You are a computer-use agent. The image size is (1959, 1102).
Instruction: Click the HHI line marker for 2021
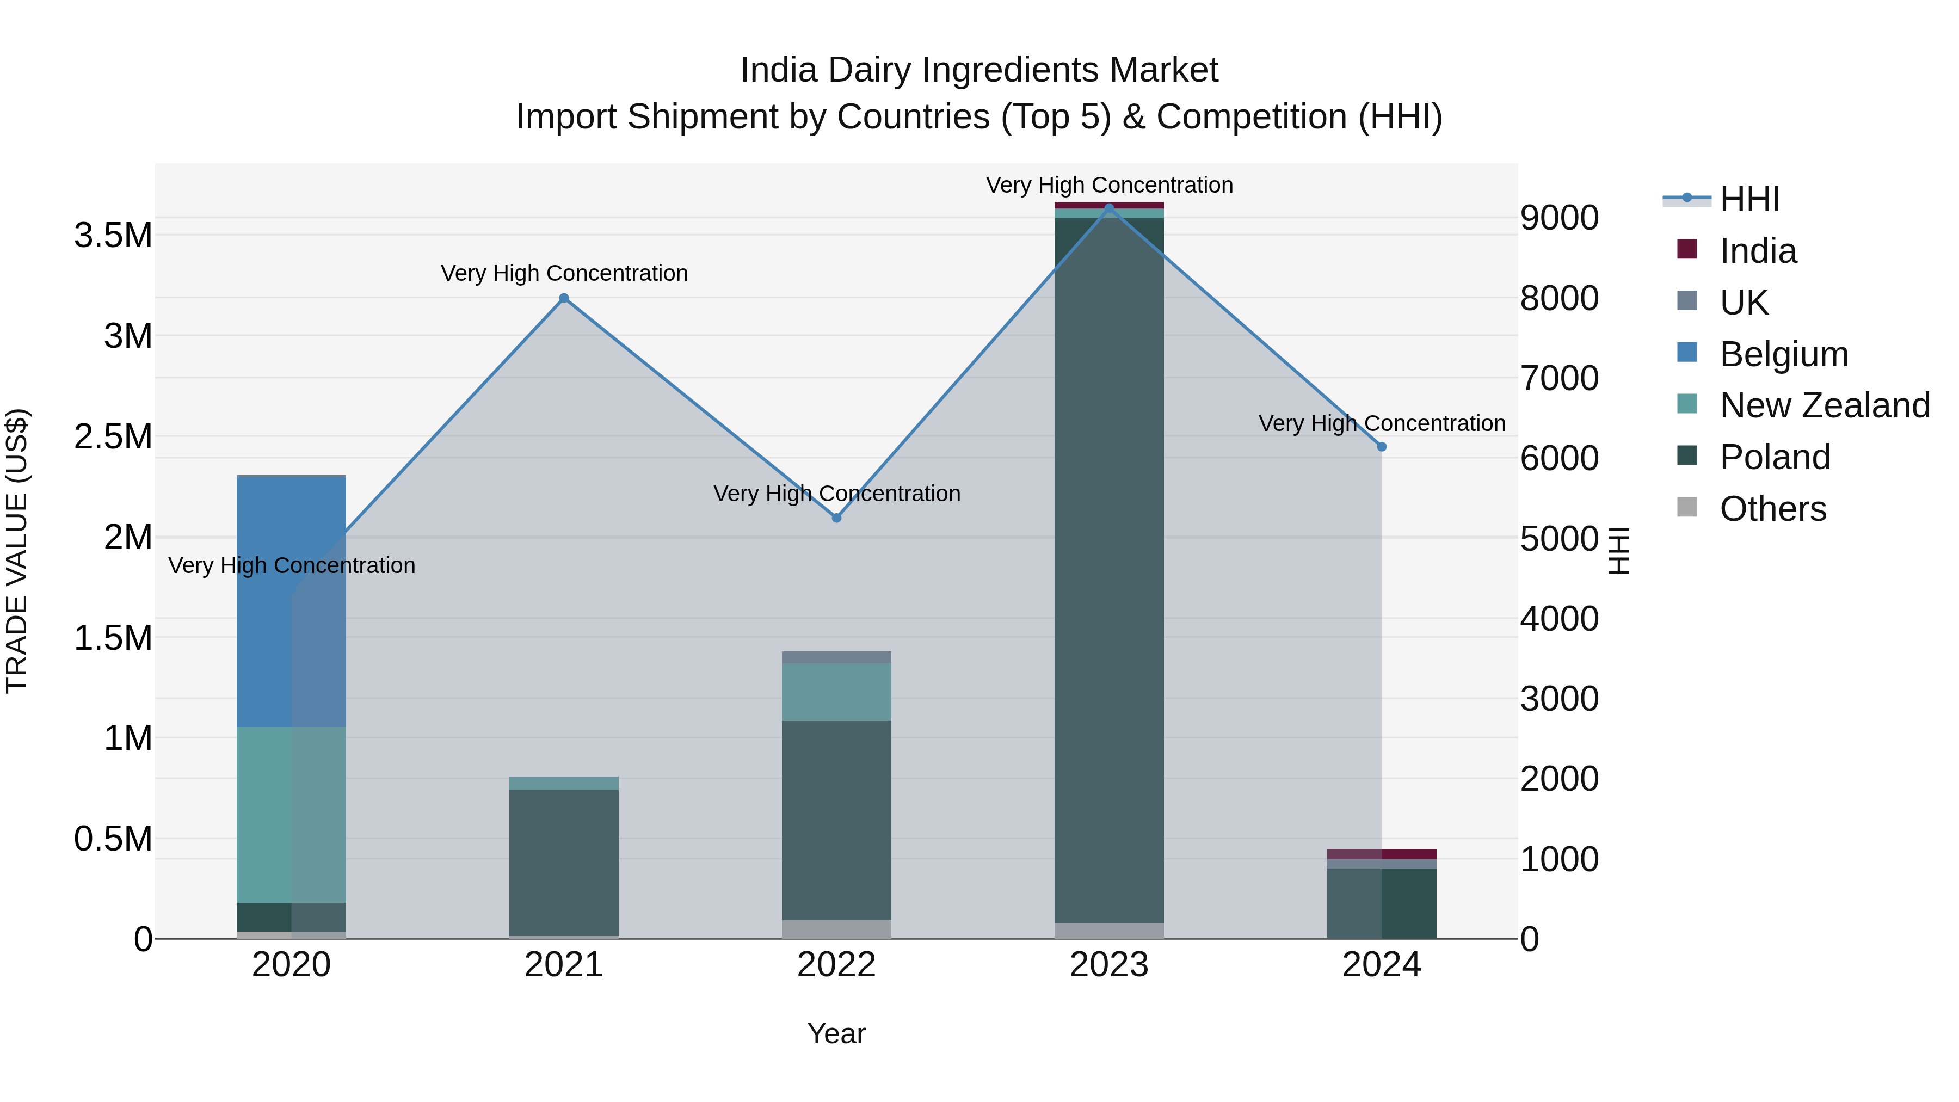(x=564, y=298)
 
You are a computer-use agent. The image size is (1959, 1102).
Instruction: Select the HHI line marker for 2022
(x=836, y=518)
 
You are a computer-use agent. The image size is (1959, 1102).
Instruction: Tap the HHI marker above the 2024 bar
(x=1382, y=447)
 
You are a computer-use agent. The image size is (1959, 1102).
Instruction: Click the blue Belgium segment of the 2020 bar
(x=291, y=601)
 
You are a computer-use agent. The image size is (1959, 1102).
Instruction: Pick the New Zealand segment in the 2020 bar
(x=291, y=814)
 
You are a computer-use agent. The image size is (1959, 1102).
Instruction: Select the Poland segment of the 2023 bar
(x=1109, y=570)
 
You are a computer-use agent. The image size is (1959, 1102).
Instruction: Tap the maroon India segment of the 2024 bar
(x=1382, y=854)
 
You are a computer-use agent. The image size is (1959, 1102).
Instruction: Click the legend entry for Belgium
(x=1783, y=354)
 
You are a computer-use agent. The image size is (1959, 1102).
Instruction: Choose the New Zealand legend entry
(x=1824, y=405)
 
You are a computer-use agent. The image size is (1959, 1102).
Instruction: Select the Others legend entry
(x=1772, y=509)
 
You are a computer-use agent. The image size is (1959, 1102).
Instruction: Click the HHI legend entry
(x=1749, y=199)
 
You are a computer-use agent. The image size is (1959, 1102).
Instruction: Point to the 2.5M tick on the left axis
(x=113, y=436)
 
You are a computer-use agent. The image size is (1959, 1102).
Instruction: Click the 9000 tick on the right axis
(x=1559, y=218)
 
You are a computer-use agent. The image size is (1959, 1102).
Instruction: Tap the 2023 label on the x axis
(x=1109, y=965)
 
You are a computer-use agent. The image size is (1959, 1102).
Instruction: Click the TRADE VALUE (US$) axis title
(x=17, y=551)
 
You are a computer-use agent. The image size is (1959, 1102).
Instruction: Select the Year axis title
(x=836, y=1033)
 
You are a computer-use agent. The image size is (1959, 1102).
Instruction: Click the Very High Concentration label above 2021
(x=564, y=273)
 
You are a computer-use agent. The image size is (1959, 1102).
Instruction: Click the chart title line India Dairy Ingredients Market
(x=979, y=70)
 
